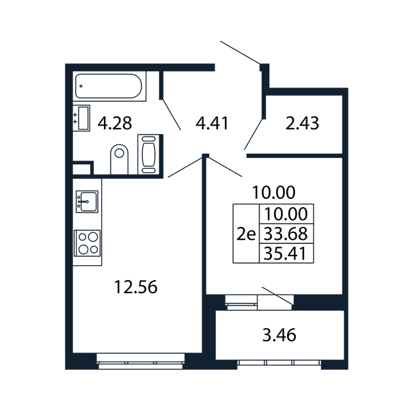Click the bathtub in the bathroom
[x=109, y=86]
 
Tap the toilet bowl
[x=119, y=159]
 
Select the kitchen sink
[x=87, y=202]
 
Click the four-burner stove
[x=87, y=243]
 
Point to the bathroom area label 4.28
[x=115, y=123]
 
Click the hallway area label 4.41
[x=212, y=123]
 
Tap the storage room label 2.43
[x=302, y=123]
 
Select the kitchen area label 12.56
[x=136, y=286]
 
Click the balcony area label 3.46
[x=279, y=335]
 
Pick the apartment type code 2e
[x=246, y=234]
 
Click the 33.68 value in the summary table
[x=286, y=234]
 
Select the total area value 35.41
[x=285, y=254]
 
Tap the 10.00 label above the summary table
[x=273, y=192]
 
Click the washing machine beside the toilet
[x=148, y=154]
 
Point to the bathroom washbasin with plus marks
[x=81, y=118]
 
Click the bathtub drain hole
[x=81, y=86]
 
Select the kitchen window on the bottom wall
[x=141, y=361]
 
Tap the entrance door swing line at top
[x=240, y=53]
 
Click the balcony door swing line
[x=277, y=296]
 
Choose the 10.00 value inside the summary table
[x=286, y=214]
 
